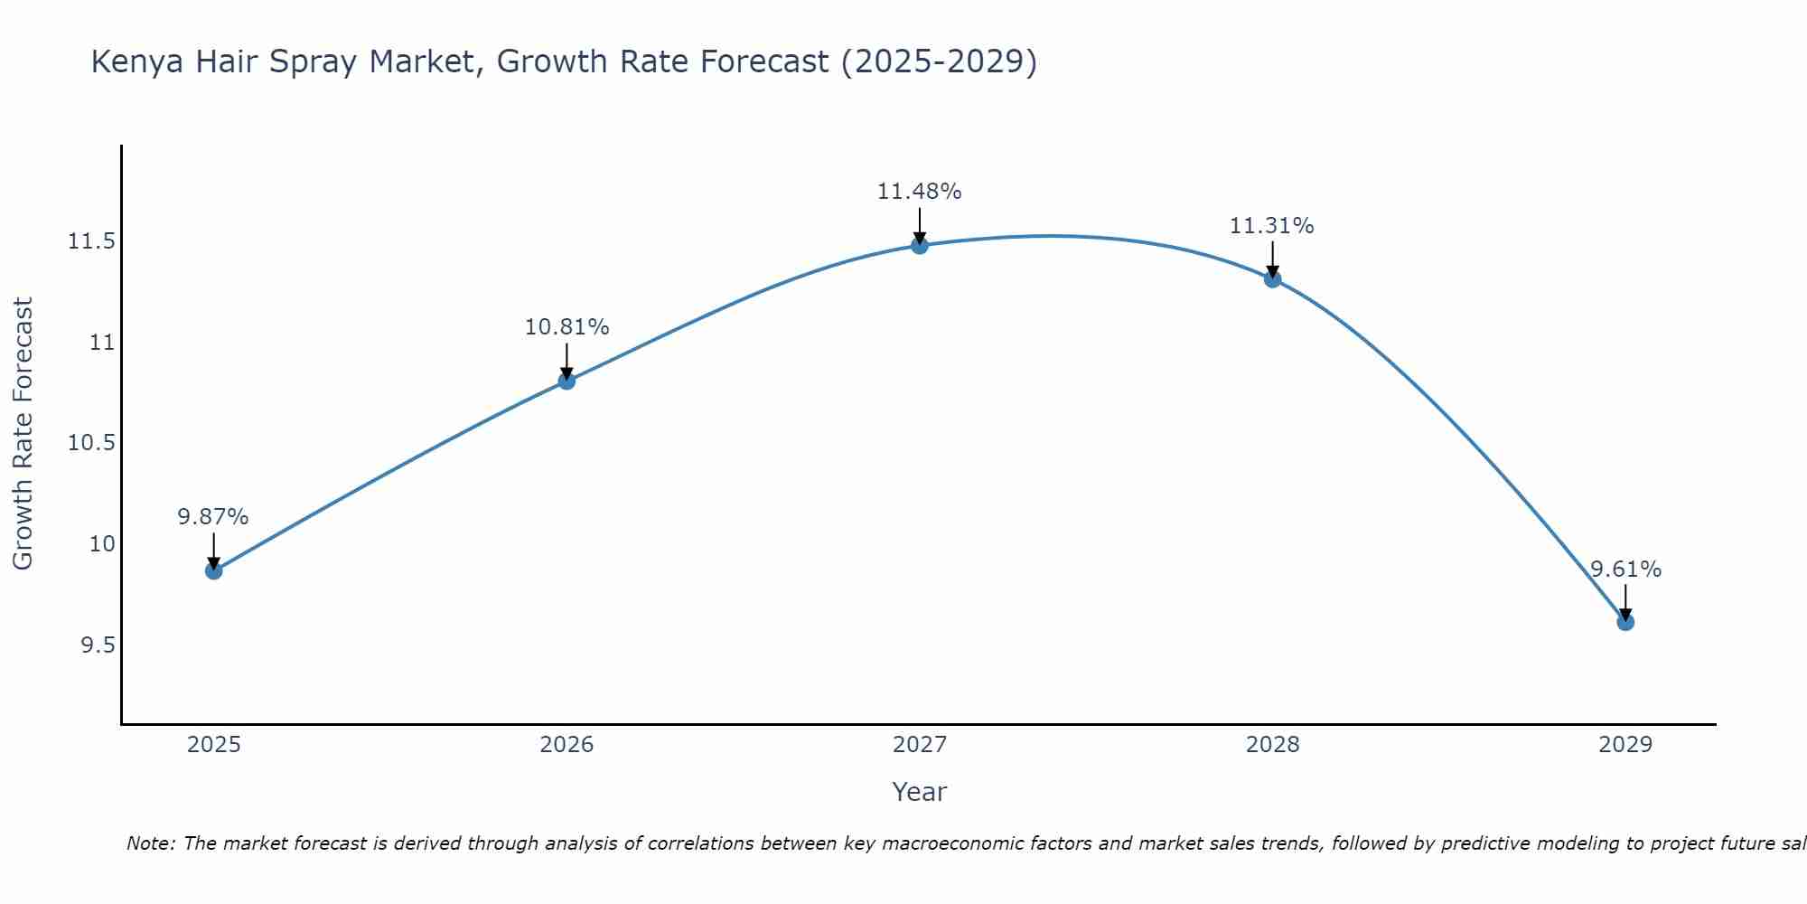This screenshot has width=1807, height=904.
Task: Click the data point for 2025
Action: [214, 570]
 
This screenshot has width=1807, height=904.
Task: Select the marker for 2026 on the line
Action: [566, 381]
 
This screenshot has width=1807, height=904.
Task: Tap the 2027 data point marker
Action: [920, 245]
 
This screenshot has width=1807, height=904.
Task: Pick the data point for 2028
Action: [1272, 279]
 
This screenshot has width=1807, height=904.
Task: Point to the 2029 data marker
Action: [1625, 622]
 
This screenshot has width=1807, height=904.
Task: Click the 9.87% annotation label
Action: [213, 517]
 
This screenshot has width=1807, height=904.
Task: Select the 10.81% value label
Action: [566, 327]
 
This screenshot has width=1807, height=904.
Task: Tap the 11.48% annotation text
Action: [919, 192]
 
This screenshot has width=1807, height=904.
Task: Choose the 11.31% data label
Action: [1271, 226]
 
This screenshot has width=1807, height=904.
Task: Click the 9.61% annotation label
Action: [1625, 570]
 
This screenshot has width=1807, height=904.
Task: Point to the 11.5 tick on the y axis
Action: [91, 241]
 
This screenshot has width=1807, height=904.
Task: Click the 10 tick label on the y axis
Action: [102, 544]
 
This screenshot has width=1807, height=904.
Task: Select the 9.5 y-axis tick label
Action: [98, 645]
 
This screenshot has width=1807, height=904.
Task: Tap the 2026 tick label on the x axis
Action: [566, 745]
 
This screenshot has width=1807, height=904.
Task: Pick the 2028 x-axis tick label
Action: [1272, 745]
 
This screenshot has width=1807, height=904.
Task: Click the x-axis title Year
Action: [919, 792]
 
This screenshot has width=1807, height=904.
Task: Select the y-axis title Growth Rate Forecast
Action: [23, 434]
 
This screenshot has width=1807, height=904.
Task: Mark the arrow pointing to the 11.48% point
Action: [920, 224]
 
